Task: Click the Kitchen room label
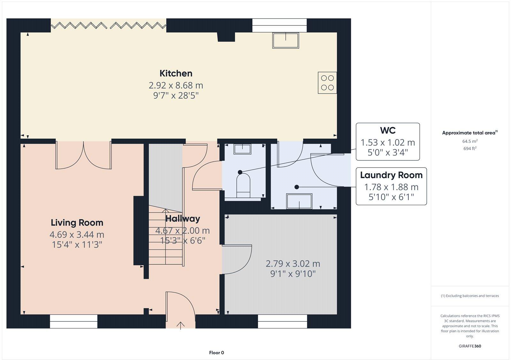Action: click(x=176, y=73)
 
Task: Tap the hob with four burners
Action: click(x=327, y=83)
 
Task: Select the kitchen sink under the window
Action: click(x=286, y=41)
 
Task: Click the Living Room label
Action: click(x=77, y=223)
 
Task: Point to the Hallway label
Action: click(x=183, y=219)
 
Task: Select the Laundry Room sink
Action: click(x=299, y=201)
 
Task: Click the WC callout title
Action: click(x=388, y=131)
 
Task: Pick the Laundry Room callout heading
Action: click(x=391, y=175)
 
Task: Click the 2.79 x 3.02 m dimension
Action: click(x=293, y=264)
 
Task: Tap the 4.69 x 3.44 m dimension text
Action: click(x=77, y=235)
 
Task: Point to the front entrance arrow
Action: click(x=181, y=325)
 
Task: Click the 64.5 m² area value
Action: click(x=469, y=141)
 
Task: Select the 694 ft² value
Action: click(x=469, y=148)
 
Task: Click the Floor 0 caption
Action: click(x=217, y=353)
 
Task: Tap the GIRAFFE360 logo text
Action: click(x=470, y=346)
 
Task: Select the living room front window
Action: click(x=73, y=321)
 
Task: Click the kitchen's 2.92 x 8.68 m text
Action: click(x=176, y=86)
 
